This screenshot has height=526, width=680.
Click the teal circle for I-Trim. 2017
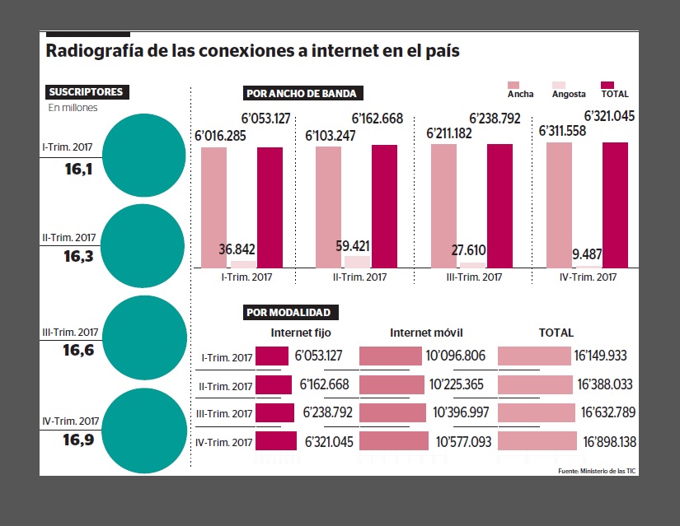point(145,154)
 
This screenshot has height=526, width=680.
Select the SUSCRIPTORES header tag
point(86,92)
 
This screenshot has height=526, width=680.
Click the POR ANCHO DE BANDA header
point(301,93)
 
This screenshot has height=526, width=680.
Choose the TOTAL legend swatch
point(608,85)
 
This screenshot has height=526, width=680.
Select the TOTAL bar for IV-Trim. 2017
point(615,204)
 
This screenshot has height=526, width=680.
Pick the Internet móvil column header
point(426,333)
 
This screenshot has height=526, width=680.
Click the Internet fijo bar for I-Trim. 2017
point(271,356)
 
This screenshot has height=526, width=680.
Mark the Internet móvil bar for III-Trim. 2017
point(392,413)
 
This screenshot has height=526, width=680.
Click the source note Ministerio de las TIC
point(597,470)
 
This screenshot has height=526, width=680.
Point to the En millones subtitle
point(73,108)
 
